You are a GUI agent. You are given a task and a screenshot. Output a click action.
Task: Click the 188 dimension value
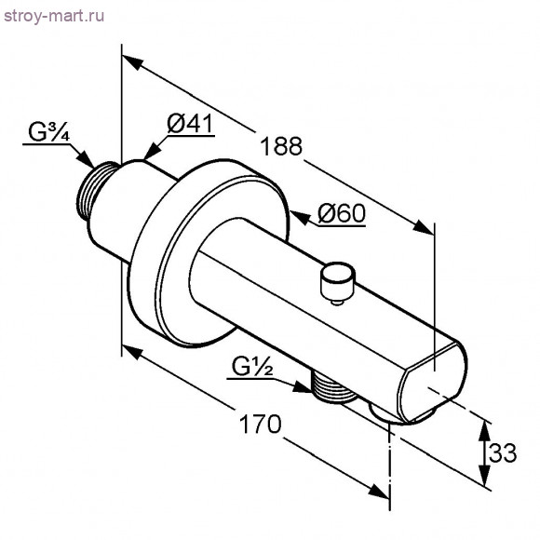(x=281, y=146)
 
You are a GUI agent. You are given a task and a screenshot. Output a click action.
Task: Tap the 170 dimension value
(x=260, y=425)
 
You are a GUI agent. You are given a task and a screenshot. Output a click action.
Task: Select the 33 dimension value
(x=503, y=452)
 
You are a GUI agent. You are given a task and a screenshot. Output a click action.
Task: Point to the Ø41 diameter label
(x=190, y=124)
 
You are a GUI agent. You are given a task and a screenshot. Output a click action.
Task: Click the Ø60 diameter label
(x=342, y=213)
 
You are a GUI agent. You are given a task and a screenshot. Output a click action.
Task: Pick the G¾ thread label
(x=49, y=132)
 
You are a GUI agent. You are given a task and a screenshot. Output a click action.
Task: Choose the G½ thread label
(x=252, y=367)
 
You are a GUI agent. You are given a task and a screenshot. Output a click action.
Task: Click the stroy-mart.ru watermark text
(x=54, y=16)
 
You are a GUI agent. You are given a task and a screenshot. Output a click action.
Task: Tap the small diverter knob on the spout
(x=337, y=282)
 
